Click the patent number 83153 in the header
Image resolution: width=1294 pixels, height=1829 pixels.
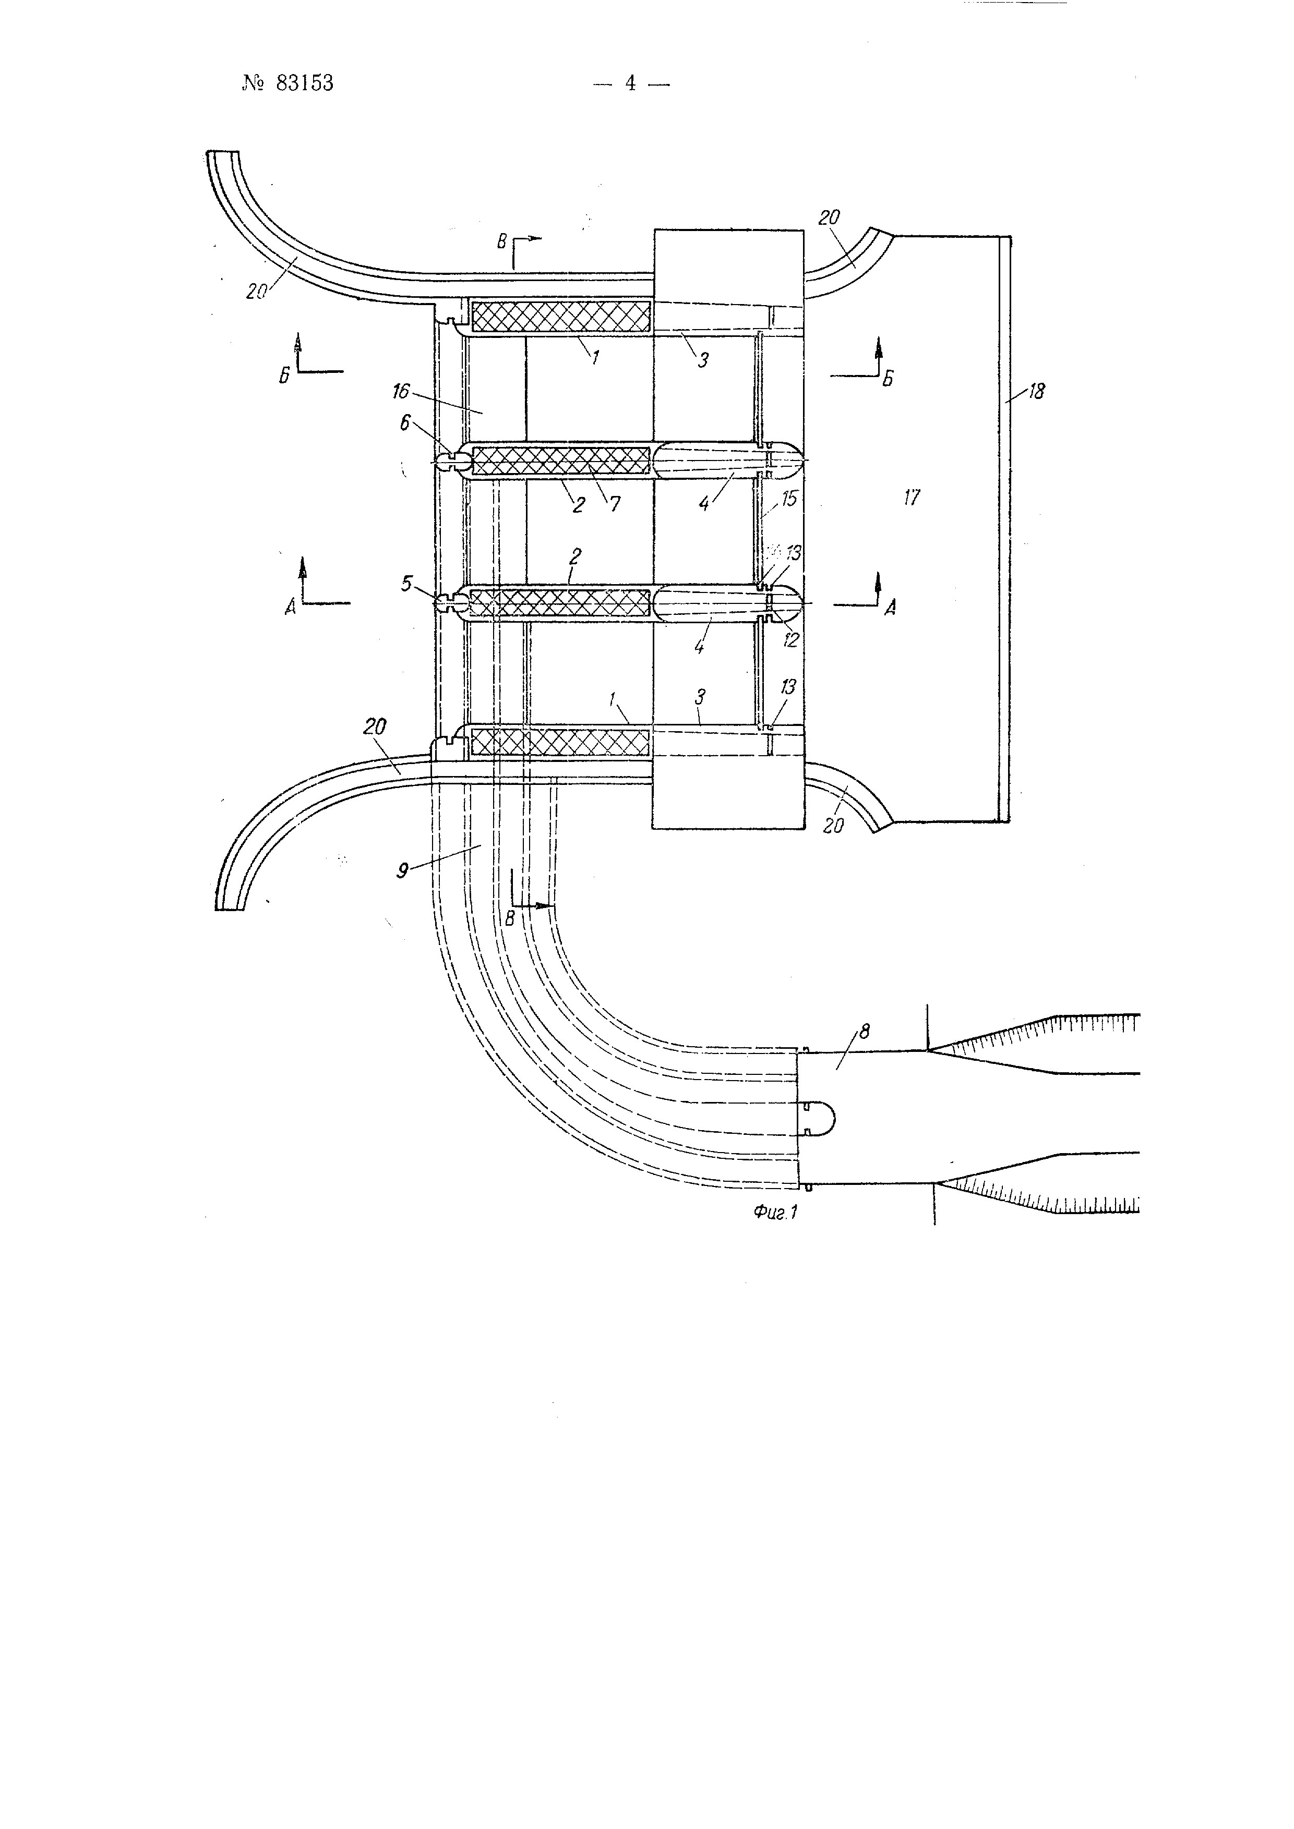pyautogui.click(x=304, y=83)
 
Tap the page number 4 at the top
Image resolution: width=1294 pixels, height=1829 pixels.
pyautogui.click(x=630, y=83)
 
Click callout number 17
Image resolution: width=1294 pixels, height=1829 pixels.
pyautogui.click(x=912, y=498)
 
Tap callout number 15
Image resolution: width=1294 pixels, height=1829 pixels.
pyautogui.click(x=789, y=500)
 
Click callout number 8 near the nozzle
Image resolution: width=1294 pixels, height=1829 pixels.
pyautogui.click(x=865, y=1033)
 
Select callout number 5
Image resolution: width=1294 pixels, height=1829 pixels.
pyautogui.click(x=407, y=584)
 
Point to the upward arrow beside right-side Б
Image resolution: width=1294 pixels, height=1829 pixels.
pyautogui.click(x=878, y=353)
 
